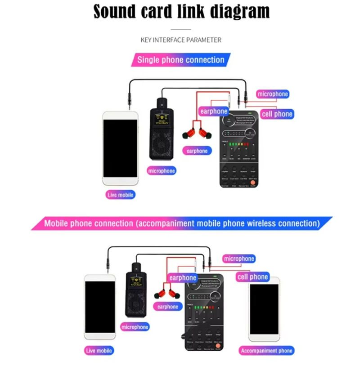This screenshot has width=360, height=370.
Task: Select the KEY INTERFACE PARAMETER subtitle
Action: (x=181, y=40)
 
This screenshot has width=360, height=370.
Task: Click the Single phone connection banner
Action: (x=180, y=60)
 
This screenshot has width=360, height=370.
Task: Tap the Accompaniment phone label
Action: (x=266, y=351)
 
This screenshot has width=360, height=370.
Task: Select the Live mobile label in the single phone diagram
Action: (x=121, y=195)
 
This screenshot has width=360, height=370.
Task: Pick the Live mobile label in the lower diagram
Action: (x=99, y=351)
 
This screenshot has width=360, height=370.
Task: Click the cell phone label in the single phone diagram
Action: (x=277, y=114)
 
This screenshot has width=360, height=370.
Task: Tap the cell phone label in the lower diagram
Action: (x=252, y=277)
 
